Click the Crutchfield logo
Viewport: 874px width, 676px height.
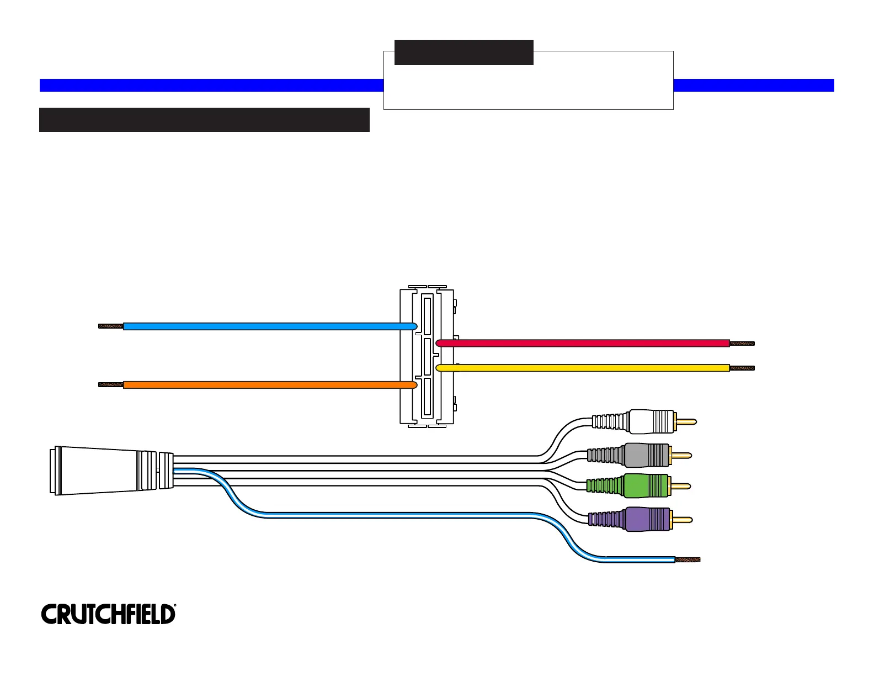(x=108, y=614)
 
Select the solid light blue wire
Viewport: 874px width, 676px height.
(x=265, y=326)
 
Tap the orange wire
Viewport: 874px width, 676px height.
(x=265, y=385)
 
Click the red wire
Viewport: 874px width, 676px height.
(x=579, y=343)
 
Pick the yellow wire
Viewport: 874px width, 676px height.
(x=579, y=368)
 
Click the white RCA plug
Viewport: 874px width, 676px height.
(x=651, y=421)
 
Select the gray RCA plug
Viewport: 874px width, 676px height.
(x=646, y=456)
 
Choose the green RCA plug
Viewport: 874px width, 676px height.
(x=646, y=486)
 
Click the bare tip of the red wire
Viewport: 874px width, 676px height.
(x=742, y=344)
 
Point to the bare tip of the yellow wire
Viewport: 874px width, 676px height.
(x=742, y=368)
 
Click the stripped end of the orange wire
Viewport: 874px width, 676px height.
(x=110, y=385)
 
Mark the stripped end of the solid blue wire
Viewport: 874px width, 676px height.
(x=110, y=326)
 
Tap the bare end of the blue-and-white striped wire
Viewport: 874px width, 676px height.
(x=688, y=560)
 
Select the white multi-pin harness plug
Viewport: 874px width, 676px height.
(x=426, y=356)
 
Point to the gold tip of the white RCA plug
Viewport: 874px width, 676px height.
(x=688, y=422)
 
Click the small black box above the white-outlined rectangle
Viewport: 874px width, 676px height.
(x=463, y=52)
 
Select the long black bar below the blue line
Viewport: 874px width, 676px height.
(x=204, y=120)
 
